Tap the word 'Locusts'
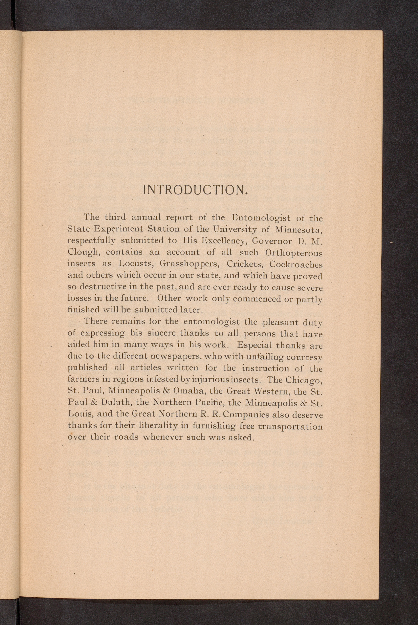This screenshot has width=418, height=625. [x=135, y=264]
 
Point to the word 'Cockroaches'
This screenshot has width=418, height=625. [x=296, y=264]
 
